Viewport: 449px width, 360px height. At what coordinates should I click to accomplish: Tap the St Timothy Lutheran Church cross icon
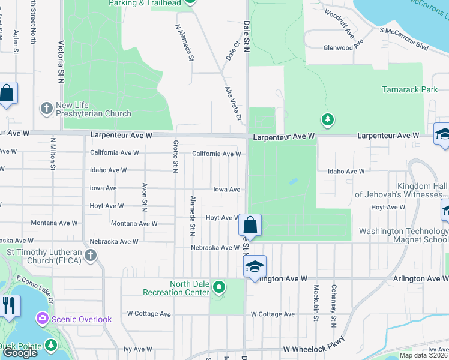(x=90, y=256)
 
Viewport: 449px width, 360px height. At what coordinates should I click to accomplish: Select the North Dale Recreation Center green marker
(x=219, y=287)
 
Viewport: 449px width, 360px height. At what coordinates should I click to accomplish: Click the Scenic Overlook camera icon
(x=43, y=317)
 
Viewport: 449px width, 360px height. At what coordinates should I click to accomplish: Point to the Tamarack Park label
(x=410, y=89)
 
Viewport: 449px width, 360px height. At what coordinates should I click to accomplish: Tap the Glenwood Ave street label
(x=343, y=48)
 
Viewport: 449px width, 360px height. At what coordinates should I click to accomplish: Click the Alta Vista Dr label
(x=233, y=103)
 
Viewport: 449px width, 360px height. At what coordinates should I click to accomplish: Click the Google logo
(x=20, y=353)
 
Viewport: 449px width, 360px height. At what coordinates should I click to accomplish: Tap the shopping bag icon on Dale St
(x=250, y=226)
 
